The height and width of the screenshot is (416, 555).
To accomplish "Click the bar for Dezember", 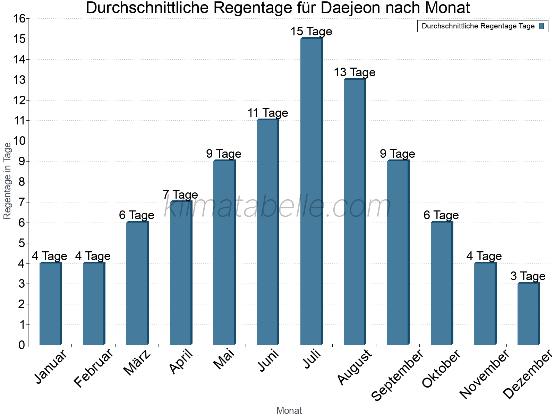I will [x=528, y=314].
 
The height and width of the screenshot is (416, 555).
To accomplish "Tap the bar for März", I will [x=137, y=283].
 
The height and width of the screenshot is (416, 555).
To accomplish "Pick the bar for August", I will [x=355, y=212].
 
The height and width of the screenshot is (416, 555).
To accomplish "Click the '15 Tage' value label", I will [x=311, y=32].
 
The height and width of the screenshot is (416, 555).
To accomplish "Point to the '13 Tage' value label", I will [x=355, y=72].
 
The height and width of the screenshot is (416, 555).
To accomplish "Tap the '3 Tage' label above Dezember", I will [x=528, y=276].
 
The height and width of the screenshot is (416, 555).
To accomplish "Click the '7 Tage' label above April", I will [x=180, y=195].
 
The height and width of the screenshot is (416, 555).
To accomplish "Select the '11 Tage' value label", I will [x=268, y=113].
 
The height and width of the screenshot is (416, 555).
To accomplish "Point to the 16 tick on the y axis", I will [x=19, y=19].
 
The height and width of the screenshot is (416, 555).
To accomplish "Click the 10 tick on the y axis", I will [x=19, y=141].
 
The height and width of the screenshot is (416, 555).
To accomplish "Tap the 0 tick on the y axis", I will [x=22, y=345].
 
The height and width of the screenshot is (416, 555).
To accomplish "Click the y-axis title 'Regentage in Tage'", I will [x=8, y=181].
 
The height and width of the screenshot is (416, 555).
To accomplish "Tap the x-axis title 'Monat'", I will [x=289, y=411].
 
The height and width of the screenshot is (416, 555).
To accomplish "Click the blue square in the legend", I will [x=541, y=26].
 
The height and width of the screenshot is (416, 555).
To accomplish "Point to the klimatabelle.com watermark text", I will [x=277, y=207].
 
